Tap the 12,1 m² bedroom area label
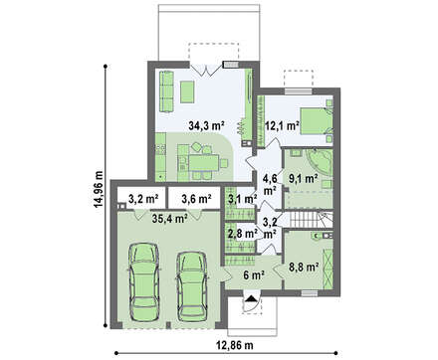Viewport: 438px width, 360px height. [x=282, y=126]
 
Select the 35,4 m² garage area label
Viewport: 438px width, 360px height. [x=170, y=219]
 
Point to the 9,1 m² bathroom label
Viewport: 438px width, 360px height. [x=302, y=179]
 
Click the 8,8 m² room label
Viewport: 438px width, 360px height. [x=304, y=267]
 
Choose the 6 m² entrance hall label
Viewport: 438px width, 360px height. [x=253, y=274]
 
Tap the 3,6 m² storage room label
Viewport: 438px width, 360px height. [x=197, y=199]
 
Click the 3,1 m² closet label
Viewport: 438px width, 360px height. [x=243, y=199]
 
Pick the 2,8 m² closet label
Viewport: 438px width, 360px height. [x=243, y=234]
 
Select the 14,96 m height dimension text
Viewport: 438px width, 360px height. [x=99, y=190]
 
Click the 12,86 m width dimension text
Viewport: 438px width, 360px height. [x=235, y=345]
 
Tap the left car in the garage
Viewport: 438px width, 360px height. [x=144, y=281]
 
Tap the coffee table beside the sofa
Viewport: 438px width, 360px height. [x=187, y=91]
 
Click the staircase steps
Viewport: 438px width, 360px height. [x=303, y=220]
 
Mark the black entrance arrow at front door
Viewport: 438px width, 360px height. [x=252, y=299]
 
